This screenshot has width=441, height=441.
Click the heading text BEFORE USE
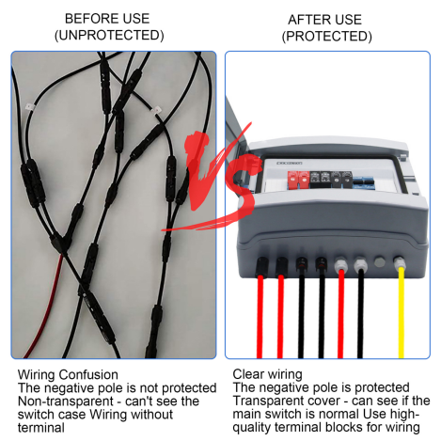(x=107, y=19)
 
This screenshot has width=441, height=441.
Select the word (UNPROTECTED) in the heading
(x=109, y=35)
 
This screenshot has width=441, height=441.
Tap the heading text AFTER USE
(x=324, y=20)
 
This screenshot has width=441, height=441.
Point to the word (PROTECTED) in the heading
(x=327, y=37)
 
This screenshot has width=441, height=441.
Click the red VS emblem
(x=216, y=176)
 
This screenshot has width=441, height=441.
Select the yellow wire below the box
(x=402, y=312)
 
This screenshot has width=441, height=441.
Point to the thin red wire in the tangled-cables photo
(x=45, y=308)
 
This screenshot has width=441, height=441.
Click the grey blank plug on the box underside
(x=379, y=262)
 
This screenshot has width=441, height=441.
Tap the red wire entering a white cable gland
(x=341, y=313)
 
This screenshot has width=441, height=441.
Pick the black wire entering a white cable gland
(x=360, y=313)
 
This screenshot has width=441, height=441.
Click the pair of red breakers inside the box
(x=298, y=181)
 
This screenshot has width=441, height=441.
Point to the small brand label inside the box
(x=290, y=164)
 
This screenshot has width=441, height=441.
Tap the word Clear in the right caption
(x=246, y=374)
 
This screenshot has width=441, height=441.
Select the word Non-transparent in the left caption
(x=66, y=402)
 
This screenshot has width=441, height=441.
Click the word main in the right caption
(x=246, y=414)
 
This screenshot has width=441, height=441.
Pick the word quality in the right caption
(x=252, y=428)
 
